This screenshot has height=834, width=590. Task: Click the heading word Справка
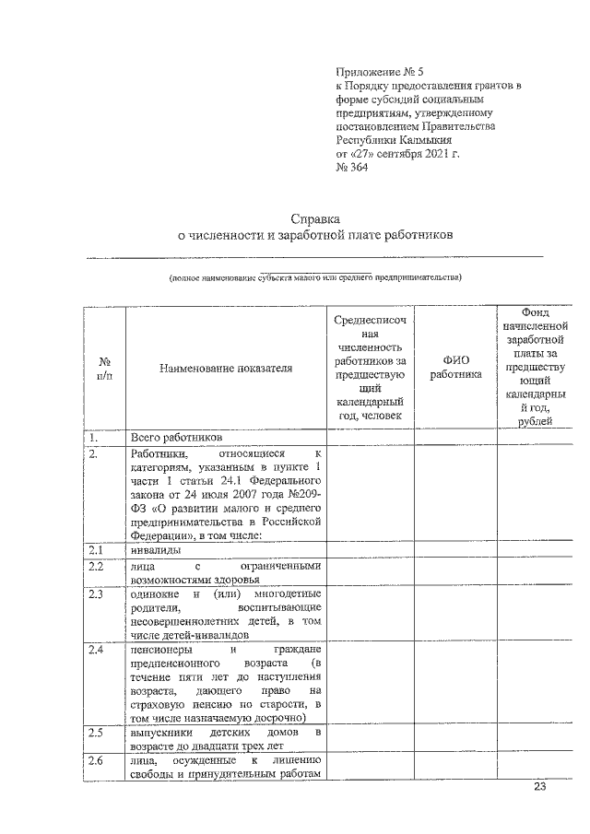pos(315,219)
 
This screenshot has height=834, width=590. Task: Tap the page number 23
pos(540,787)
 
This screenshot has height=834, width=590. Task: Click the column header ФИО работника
pos(455,368)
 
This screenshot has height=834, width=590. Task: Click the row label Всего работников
pos(177,437)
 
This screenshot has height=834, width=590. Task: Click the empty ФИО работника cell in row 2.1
pos(455,550)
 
